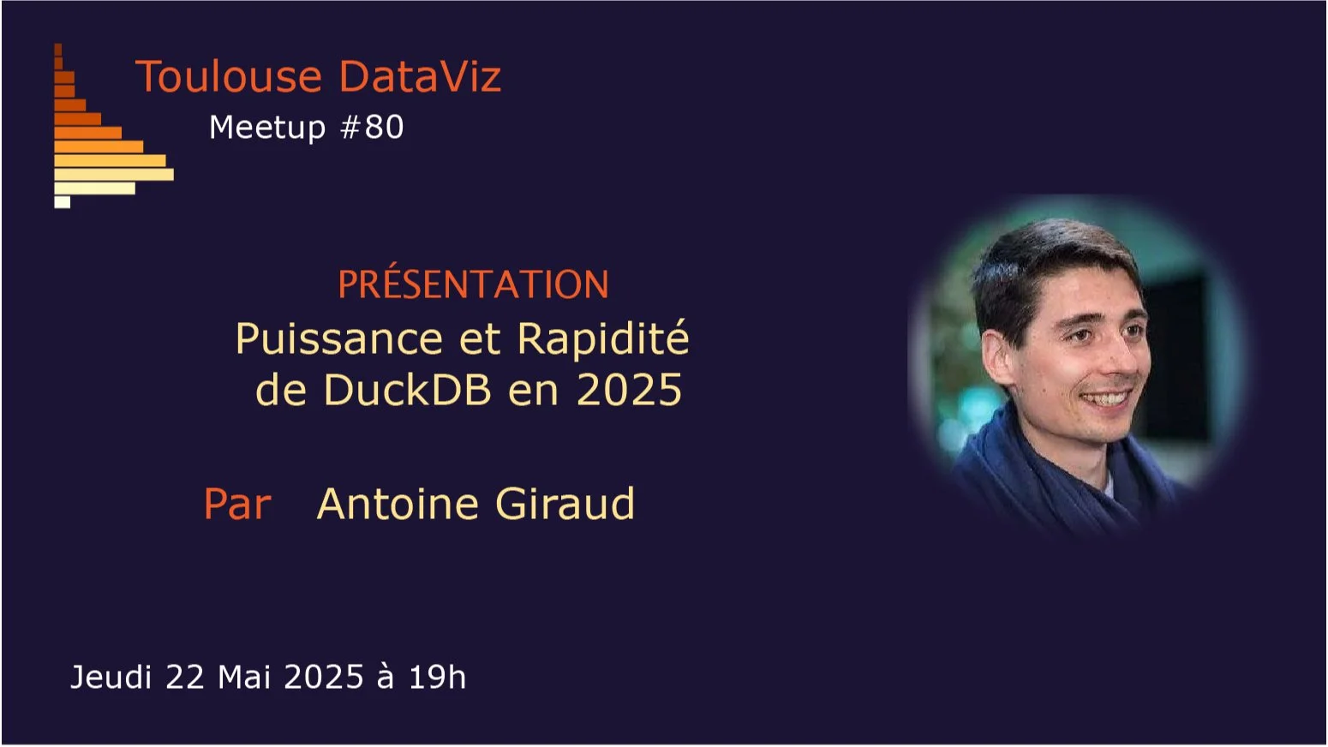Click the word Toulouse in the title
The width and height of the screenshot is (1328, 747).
229,76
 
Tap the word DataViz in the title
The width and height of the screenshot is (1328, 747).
420,76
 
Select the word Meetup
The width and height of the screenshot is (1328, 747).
267,128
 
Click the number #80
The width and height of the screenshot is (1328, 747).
373,127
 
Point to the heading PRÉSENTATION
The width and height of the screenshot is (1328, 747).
473,284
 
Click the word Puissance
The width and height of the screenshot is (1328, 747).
339,340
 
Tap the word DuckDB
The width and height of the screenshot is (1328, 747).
407,389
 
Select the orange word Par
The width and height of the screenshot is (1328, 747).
237,505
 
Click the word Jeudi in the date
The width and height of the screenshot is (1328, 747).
111,677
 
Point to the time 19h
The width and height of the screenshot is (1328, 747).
438,677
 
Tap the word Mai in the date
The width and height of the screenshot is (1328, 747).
244,677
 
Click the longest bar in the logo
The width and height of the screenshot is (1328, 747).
114,174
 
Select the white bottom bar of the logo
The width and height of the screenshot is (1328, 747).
63,202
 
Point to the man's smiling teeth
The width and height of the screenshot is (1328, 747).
1105,398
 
